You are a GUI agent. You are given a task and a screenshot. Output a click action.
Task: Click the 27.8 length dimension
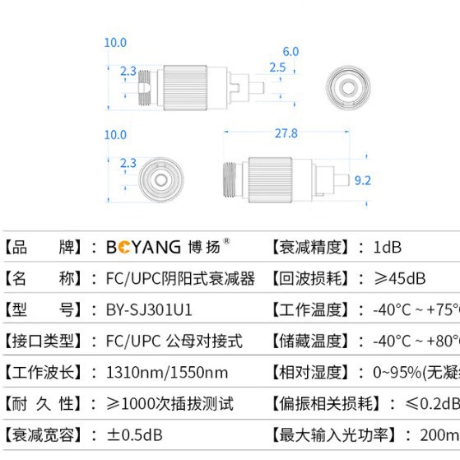click(286, 133)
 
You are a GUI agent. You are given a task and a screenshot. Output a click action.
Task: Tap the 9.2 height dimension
click(362, 180)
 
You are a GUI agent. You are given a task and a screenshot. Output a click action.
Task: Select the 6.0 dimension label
click(290, 51)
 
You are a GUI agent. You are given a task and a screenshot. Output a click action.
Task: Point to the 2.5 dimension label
click(277, 67)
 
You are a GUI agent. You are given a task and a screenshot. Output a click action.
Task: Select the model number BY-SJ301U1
click(149, 309)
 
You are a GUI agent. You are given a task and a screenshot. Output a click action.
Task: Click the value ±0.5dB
click(134, 434)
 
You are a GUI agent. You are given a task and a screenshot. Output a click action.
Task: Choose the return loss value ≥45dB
click(399, 278)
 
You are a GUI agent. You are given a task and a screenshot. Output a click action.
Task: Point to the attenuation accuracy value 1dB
click(387, 247)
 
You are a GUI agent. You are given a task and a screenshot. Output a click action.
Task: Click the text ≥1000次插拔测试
click(170, 403)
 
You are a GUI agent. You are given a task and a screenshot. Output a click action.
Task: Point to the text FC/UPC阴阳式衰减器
click(181, 278)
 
